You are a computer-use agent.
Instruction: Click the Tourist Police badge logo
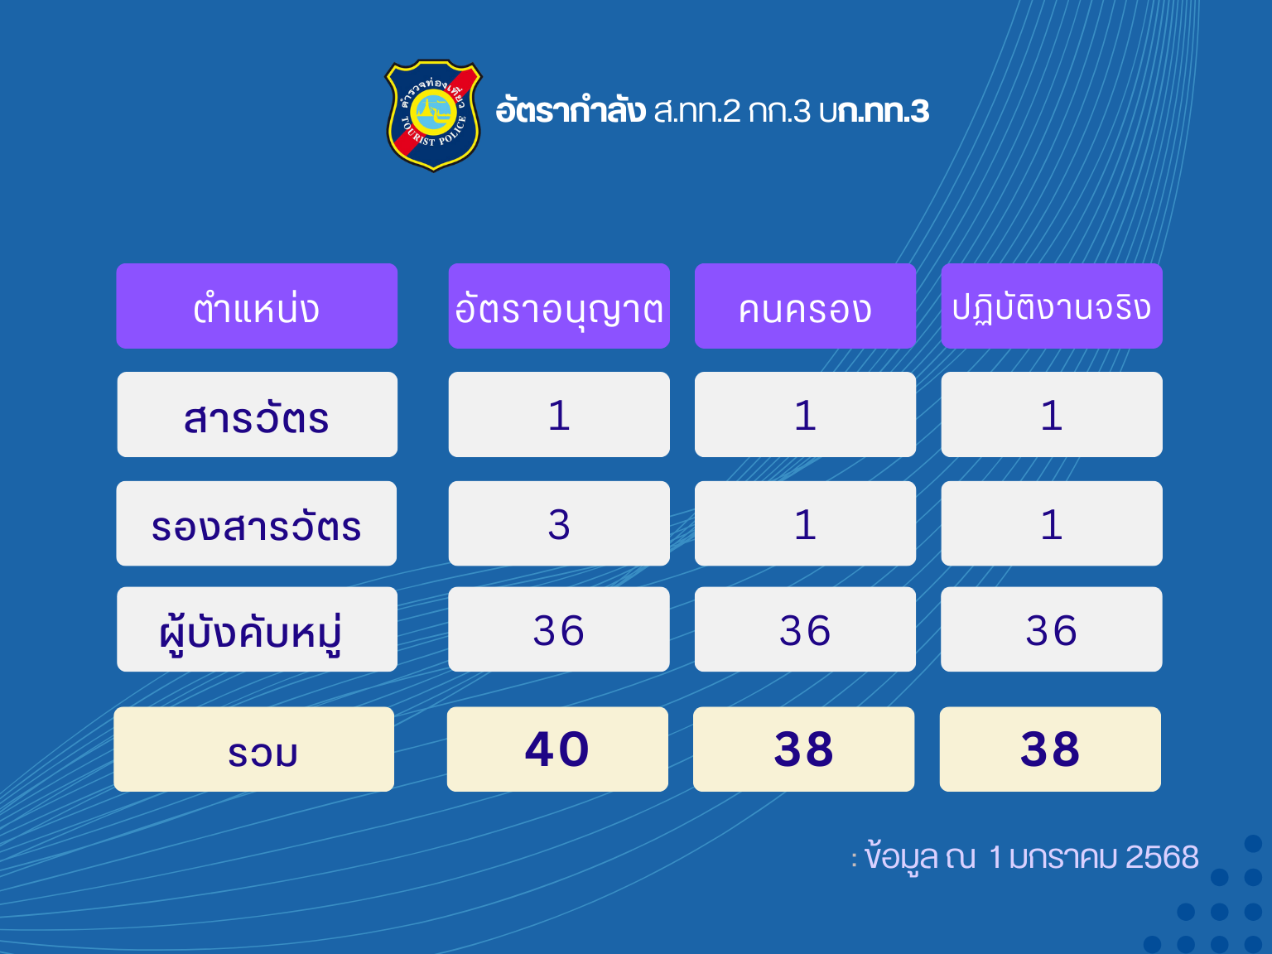433,115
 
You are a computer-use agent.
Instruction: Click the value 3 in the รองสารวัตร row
559,523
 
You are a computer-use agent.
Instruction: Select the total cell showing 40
557,749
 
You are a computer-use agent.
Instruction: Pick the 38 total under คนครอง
804,749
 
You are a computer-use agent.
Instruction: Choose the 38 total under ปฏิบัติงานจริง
1050,749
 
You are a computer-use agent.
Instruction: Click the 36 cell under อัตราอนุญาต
559,629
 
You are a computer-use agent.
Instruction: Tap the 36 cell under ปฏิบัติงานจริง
1052,629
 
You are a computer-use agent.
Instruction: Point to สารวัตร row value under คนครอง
806,415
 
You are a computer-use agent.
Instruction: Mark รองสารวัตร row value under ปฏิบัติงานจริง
1052,523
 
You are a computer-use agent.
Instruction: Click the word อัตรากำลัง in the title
571,109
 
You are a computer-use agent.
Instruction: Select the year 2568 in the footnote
1162,857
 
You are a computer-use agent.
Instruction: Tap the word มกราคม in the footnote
1063,857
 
